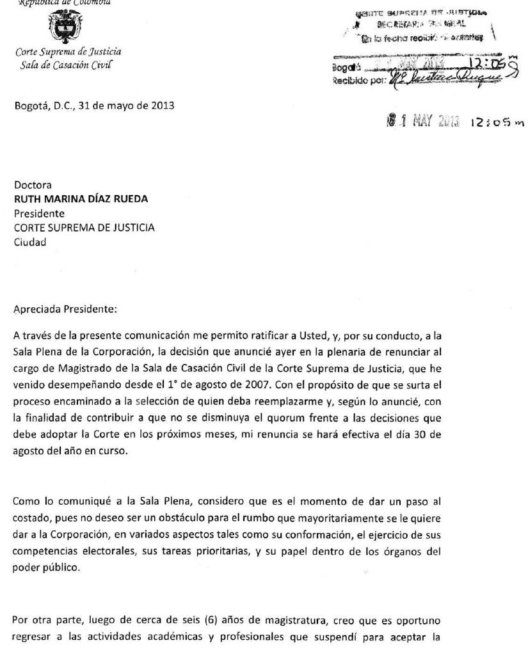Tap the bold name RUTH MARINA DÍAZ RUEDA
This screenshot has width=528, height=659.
click(81, 199)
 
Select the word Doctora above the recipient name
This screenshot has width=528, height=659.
click(33, 186)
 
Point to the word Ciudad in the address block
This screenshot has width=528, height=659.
click(30, 241)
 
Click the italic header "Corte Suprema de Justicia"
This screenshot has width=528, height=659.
click(68, 52)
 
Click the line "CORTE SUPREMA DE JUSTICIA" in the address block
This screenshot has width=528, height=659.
click(84, 227)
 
